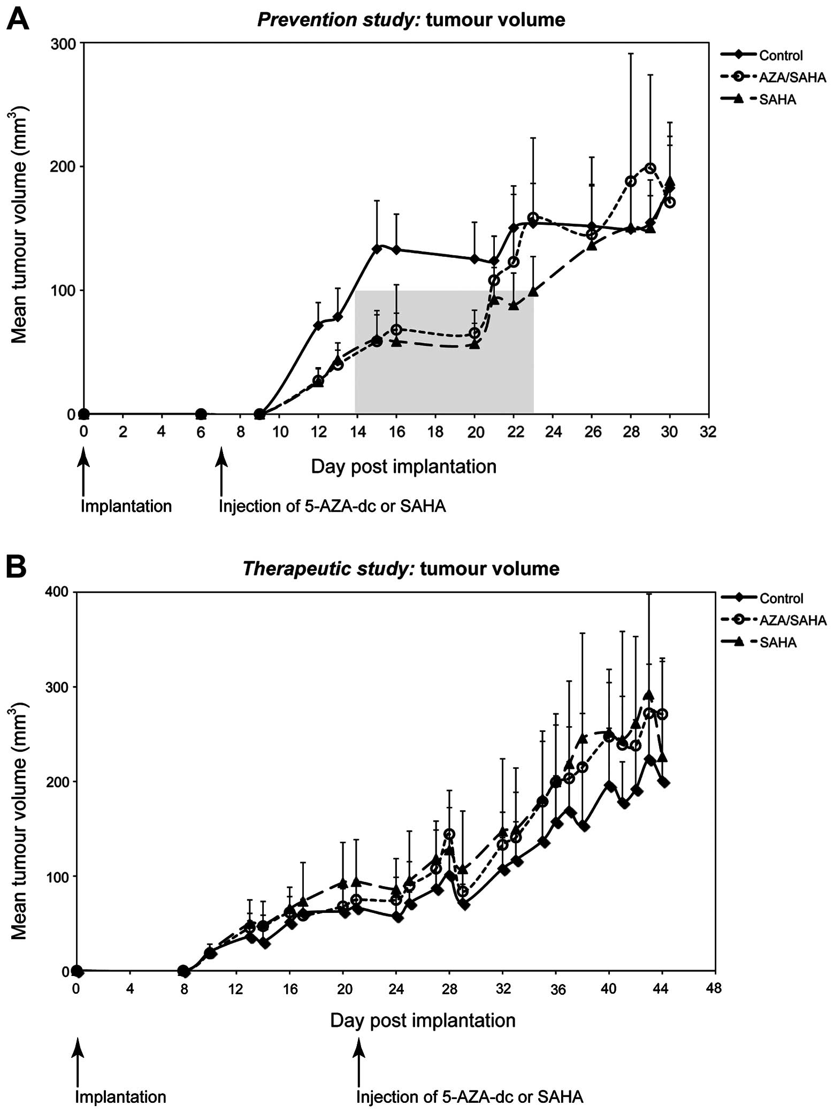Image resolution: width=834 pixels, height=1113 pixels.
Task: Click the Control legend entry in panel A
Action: (x=781, y=55)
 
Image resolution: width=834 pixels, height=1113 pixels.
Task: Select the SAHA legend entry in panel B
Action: (x=778, y=642)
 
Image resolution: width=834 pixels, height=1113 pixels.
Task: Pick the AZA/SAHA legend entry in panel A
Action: (x=792, y=78)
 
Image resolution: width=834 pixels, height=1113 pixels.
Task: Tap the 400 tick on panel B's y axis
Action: (x=59, y=592)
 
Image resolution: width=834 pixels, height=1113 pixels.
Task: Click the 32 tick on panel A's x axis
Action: (x=708, y=432)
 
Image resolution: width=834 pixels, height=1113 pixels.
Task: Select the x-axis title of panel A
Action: (x=403, y=467)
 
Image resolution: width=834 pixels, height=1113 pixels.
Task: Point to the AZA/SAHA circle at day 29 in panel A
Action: (x=650, y=169)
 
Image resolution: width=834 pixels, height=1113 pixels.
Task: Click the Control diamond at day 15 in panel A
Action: (x=377, y=249)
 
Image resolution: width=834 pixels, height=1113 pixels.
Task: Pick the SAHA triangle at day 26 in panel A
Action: (x=592, y=245)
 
